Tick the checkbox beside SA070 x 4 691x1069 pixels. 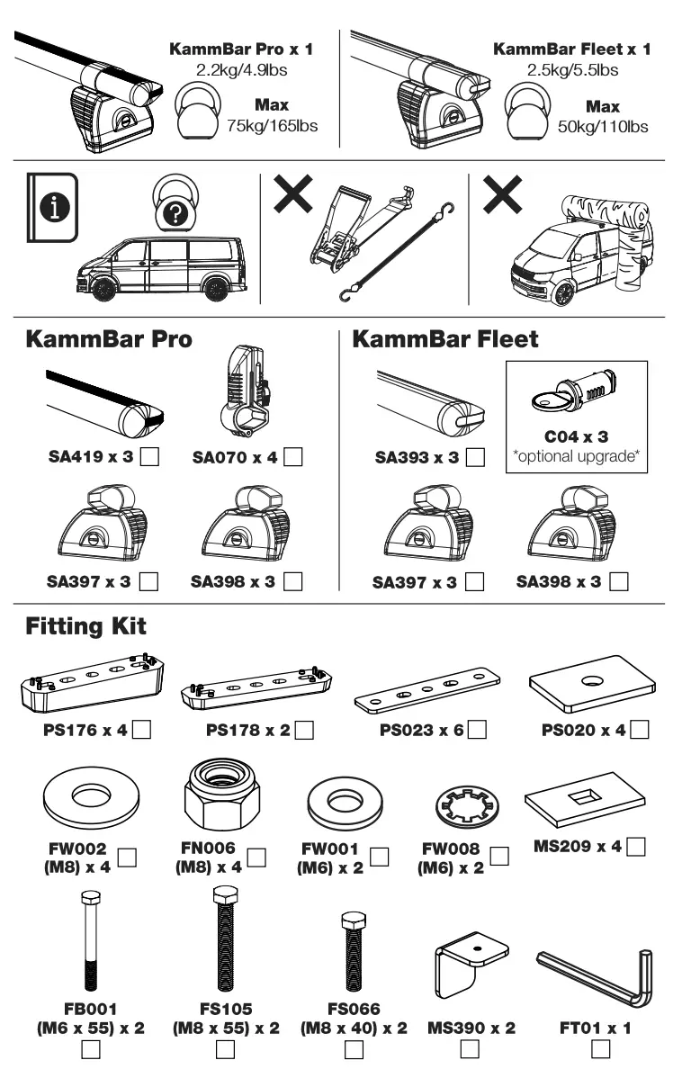point(292,458)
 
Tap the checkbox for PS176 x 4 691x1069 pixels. point(141,729)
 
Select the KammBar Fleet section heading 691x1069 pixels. point(444,340)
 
